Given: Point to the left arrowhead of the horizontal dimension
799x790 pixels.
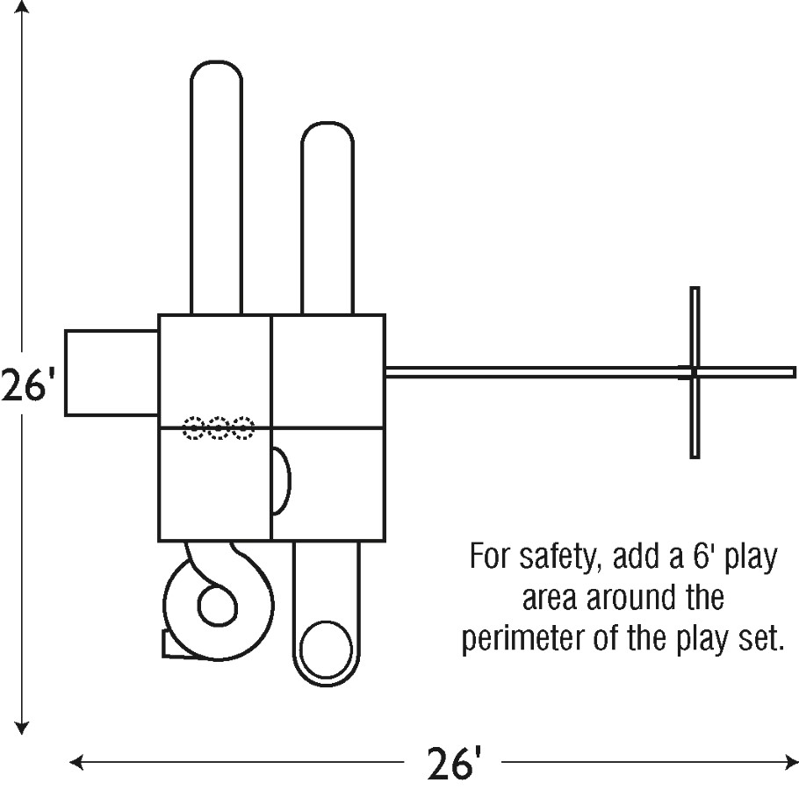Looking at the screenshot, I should tap(76, 761).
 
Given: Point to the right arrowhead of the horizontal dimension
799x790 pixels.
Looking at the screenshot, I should tap(792, 761).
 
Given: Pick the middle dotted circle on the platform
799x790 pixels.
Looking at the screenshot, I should tap(219, 428).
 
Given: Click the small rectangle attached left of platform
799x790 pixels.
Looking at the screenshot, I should tap(111, 372).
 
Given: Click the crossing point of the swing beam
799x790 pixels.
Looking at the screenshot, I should tap(695, 372).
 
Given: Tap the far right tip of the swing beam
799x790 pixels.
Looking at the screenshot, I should tap(794, 372).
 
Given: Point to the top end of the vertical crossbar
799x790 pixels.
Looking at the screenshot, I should tap(695, 291).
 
